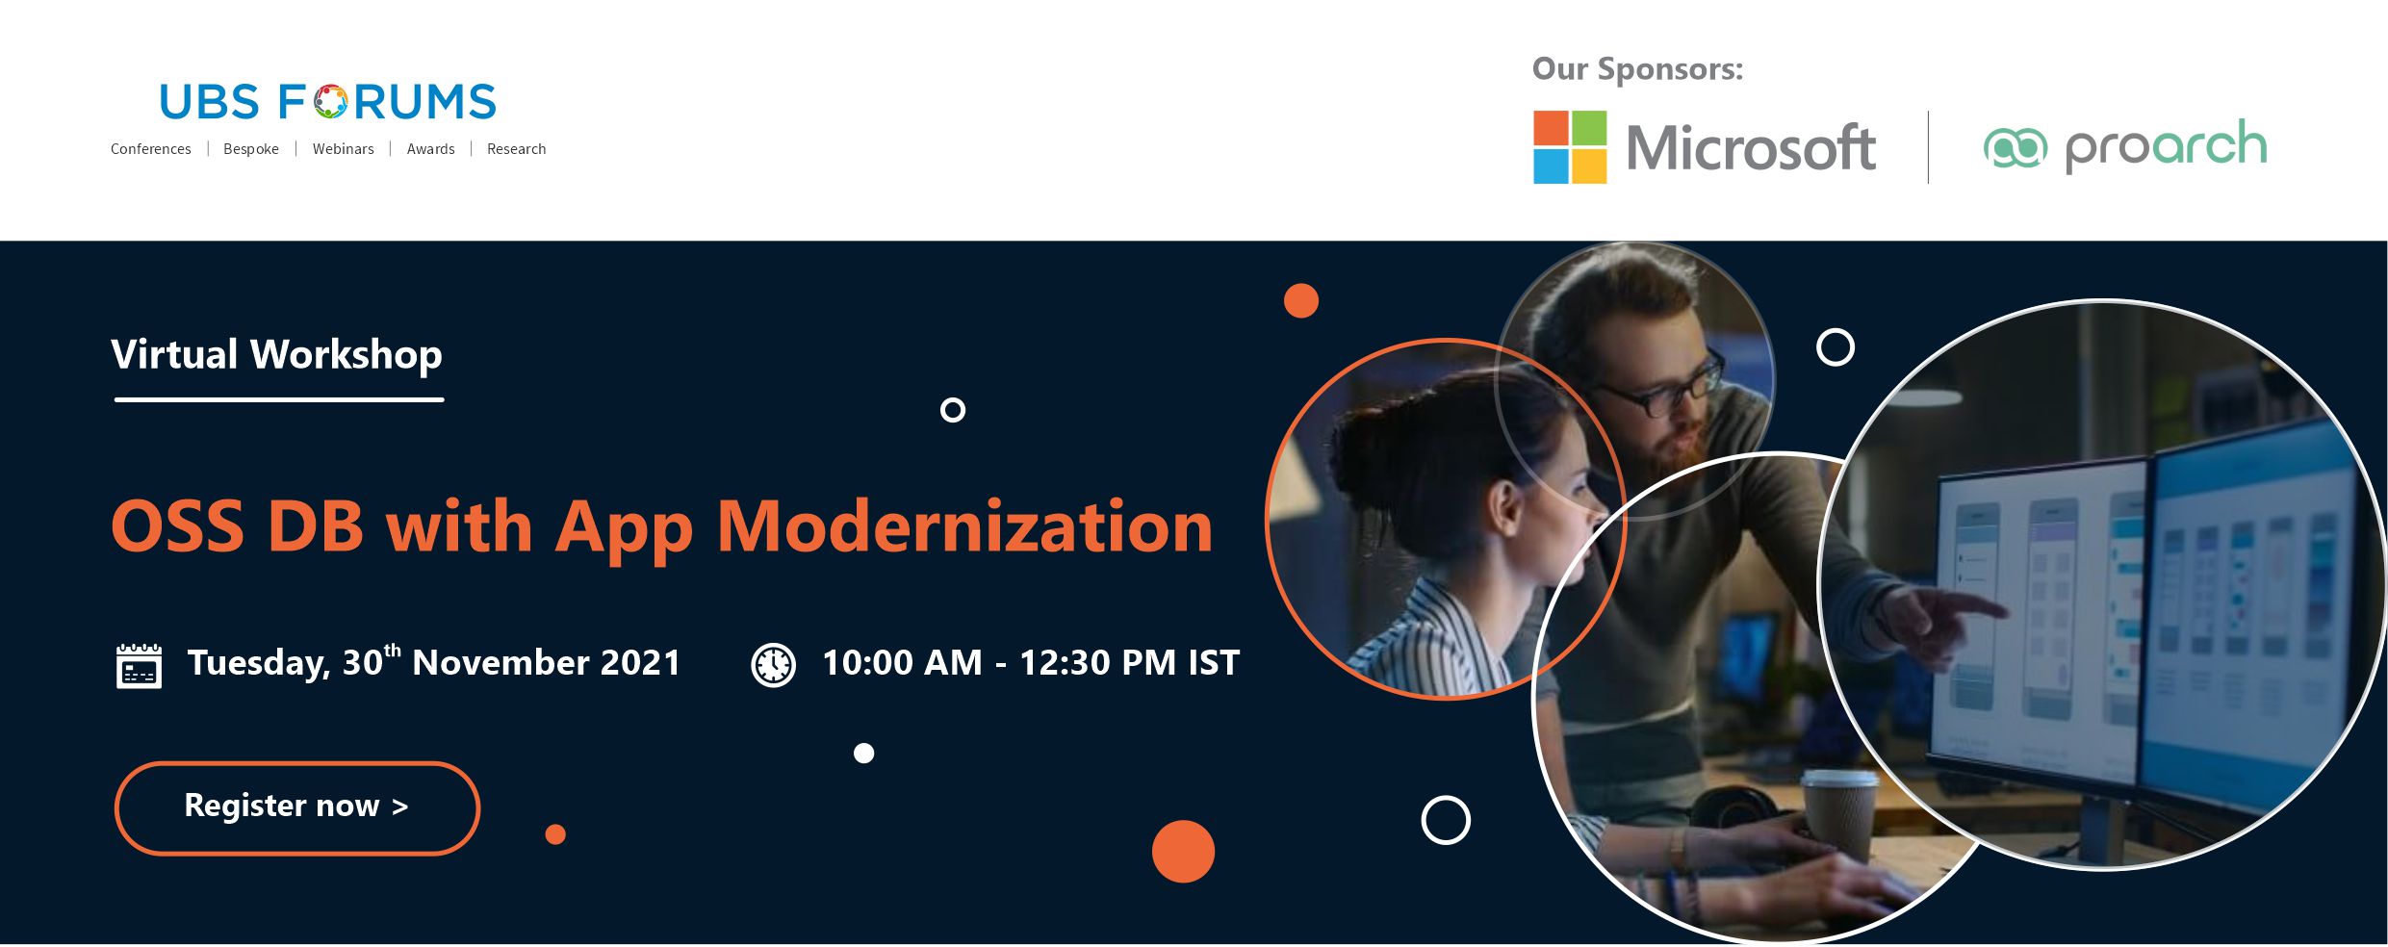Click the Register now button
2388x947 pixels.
(x=296, y=807)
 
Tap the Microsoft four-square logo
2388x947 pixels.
(x=1570, y=147)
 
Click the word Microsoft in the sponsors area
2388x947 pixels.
(x=1751, y=148)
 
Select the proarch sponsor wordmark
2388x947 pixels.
(x=2166, y=146)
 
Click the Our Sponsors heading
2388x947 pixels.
(x=1637, y=69)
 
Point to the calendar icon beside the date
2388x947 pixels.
(x=139, y=666)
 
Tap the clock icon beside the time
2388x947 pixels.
(x=773, y=665)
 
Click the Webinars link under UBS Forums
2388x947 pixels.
(x=343, y=149)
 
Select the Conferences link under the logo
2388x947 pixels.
(x=150, y=149)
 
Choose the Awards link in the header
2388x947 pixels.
(x=430, y=149)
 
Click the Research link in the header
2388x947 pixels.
(x=516, y=149)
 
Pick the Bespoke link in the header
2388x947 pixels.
(x=251, y=149)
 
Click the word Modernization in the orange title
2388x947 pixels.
(x=964, y=526)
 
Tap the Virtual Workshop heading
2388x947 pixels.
(x=276, y=354)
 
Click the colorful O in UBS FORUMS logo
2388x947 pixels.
(x=330, y=102)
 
